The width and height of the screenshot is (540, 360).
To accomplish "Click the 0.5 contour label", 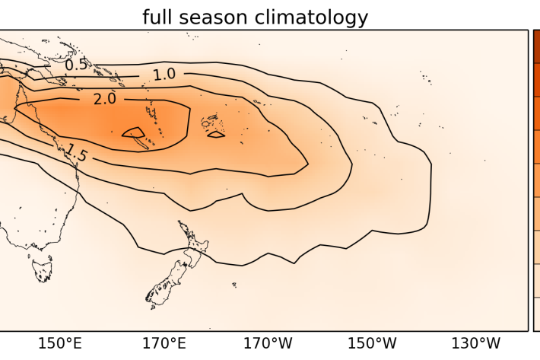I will click(x=76, y=65).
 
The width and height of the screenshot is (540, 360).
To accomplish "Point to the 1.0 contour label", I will click(x=164, y=74).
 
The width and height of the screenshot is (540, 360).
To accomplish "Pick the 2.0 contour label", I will click(x=104, y=100).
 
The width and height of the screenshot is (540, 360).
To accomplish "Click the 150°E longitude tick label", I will click(x=59, y=343).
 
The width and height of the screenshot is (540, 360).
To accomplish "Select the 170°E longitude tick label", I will click(x=164, y=343).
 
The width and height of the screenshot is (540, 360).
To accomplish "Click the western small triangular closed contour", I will click(x=134, y=132).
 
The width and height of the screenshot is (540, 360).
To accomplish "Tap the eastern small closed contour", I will click(x=216, y=135).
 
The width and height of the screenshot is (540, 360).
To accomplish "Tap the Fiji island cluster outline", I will click(x=208, y=121).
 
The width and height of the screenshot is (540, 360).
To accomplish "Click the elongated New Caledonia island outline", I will click(x=138, y=140).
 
